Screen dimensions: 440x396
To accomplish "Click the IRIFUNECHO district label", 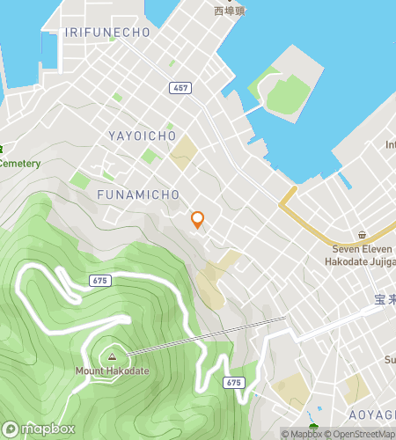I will (107, 32).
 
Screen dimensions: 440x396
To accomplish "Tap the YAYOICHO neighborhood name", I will (143, 136).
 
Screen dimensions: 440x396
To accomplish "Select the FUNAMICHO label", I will (139, 194).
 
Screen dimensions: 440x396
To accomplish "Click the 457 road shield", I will (181, 88).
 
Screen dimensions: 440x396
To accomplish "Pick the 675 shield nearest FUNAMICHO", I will (100, 280).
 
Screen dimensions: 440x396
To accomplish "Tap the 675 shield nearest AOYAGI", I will (233, 382).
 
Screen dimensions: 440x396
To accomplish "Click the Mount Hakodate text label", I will (111, 370).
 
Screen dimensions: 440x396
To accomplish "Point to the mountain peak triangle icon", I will (112, 356).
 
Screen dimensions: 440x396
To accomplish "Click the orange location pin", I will (198, 220).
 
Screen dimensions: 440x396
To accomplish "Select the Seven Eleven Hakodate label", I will (362, 255).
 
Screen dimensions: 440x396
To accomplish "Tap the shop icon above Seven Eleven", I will (362, 235).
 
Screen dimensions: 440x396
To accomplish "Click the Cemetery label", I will (19, 163).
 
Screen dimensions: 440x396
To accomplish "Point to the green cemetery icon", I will (3, 148).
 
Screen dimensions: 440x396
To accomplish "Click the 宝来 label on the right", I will (385, 300).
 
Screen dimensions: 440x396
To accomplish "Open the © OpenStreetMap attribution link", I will (361, 434).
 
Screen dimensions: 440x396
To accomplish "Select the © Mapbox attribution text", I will (301, 434).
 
